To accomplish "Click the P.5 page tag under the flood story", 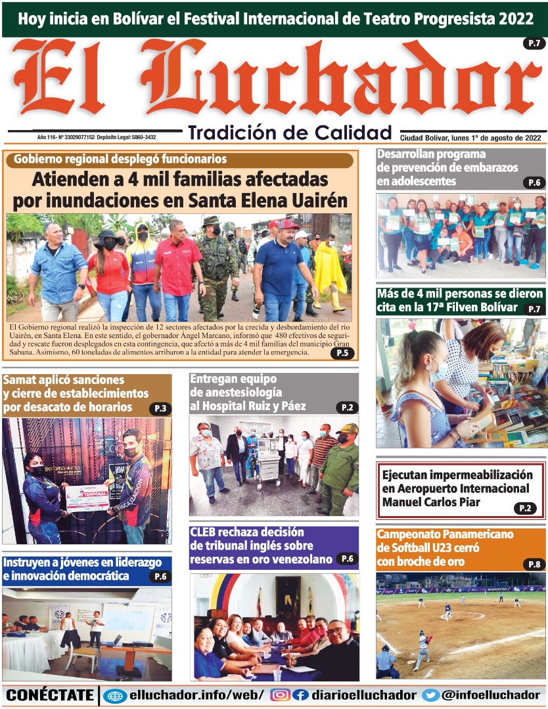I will [342, 353].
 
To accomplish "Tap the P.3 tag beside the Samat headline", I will [160, 408].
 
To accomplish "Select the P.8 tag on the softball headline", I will [534, 564].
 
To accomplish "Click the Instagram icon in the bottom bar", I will [280, 695].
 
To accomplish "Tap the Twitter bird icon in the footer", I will [431, 695].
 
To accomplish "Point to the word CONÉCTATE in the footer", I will [50, 695].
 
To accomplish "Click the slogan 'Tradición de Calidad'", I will [290, 133].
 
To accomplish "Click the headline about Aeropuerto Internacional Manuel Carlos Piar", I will [456, 488].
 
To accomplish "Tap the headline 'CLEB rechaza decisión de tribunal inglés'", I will [261, 546].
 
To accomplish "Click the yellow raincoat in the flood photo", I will [330, 269].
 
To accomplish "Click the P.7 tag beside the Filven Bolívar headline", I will [533, 309].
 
